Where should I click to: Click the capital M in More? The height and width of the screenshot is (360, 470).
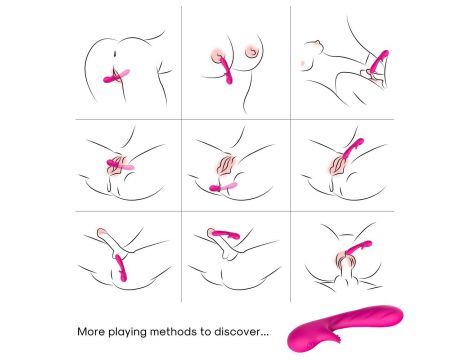[82, 332]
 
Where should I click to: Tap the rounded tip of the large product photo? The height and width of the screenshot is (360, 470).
[398, 313]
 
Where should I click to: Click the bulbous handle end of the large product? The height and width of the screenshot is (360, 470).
[298, 339]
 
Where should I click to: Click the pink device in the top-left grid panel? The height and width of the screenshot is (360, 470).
[116, 76]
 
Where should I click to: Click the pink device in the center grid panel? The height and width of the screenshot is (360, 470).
[223, 187]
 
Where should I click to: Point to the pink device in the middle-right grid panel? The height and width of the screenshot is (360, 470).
[353, 149]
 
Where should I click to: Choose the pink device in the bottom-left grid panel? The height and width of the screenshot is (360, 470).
[121, 268]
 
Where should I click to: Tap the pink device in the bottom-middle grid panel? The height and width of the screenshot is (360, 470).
[225, 234]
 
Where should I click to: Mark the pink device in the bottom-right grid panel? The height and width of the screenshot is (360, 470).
[359, 247]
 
